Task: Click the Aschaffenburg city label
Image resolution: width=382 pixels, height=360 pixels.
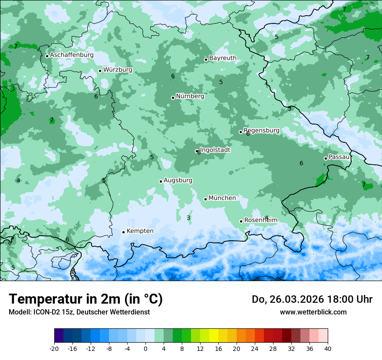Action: tap(72, 55)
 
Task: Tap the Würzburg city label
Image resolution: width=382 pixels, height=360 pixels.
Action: tap(118, 70)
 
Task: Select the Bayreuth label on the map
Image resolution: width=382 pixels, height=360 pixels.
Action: tap(223, 58)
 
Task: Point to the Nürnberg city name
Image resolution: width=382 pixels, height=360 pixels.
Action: tap(190, 96)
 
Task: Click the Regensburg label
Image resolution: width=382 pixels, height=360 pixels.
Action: tap(261, 131)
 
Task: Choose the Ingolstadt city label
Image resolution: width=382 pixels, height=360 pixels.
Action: tap(215, 150)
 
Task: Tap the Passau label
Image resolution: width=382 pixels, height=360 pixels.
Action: tap(339, 157)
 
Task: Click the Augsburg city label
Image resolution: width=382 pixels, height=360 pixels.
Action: tap(178, 180)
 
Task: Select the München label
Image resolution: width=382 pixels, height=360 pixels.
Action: tap(222, 198)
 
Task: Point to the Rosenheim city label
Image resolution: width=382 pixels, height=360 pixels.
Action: tap(260, 220)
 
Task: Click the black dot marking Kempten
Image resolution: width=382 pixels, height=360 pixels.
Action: tap(123, 232)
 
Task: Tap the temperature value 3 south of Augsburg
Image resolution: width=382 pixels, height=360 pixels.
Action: tap(188, 218)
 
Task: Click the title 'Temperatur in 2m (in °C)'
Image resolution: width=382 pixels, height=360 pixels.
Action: tap(86, 299)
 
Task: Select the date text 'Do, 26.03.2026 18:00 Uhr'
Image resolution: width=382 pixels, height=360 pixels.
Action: tap(312, 299)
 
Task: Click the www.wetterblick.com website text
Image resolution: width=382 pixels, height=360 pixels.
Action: tap(313, 312)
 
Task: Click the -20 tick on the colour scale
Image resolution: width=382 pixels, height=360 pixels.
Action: tap(54, 349)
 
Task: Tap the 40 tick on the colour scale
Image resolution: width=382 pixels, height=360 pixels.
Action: tap(327, 349)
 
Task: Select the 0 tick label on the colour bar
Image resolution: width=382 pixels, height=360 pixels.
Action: tap(145, 349)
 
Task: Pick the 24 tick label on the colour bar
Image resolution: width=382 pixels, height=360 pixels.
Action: tap(254, 349)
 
